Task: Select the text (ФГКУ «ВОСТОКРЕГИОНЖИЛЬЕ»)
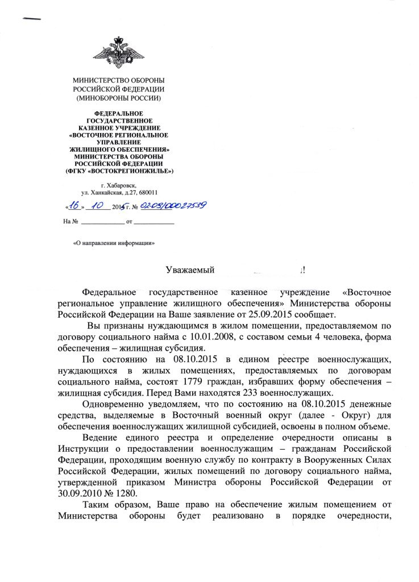(x=119, y=171)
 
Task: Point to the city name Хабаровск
(x=123, y=185)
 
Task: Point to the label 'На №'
(x=70, y=221)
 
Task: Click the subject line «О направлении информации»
(x=114, y=243)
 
